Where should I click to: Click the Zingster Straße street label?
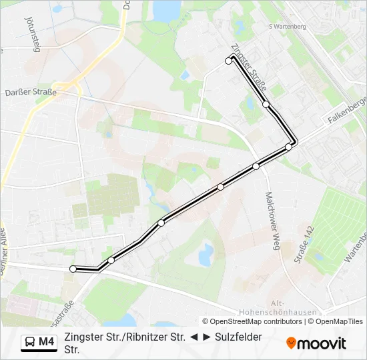tap(250, 69)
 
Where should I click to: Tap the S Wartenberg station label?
tap(286, 27)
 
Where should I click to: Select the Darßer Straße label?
tap(30, 93)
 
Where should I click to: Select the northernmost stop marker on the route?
tap(229, 61)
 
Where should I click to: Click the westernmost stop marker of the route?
tap(73, 269)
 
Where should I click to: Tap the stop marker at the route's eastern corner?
tap(289, 147)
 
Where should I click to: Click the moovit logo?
tap(316, 343)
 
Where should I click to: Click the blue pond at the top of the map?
tap(163, 9)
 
